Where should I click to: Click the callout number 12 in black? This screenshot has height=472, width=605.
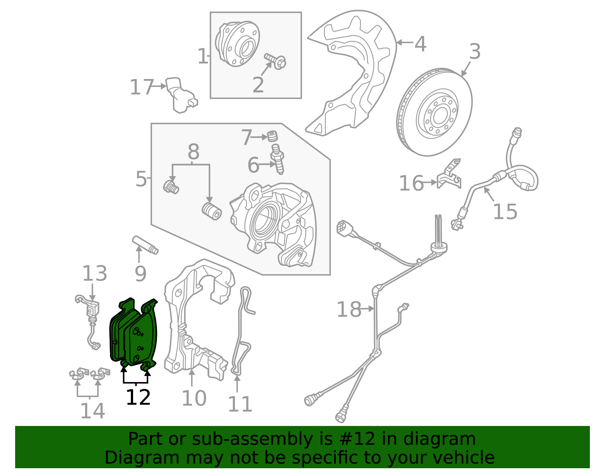point(138,398)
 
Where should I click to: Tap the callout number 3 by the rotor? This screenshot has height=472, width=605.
point(475,52)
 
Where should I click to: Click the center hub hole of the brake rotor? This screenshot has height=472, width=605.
point(439,116)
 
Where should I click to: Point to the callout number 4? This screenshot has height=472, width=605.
point(420,44)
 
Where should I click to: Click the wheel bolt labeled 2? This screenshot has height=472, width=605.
point(275,60)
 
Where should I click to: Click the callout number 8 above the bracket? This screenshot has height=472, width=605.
point(193,153)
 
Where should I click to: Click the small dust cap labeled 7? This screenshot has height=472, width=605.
point(272,136)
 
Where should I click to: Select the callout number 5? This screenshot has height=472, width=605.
point(141,179)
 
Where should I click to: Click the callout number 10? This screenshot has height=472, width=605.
point(194,398)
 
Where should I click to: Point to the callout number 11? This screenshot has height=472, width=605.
point(240,404)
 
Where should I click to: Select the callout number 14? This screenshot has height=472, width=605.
point(92,411)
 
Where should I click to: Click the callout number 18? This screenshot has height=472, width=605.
point(348,310)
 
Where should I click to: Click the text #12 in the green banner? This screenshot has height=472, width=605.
point(355,439)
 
